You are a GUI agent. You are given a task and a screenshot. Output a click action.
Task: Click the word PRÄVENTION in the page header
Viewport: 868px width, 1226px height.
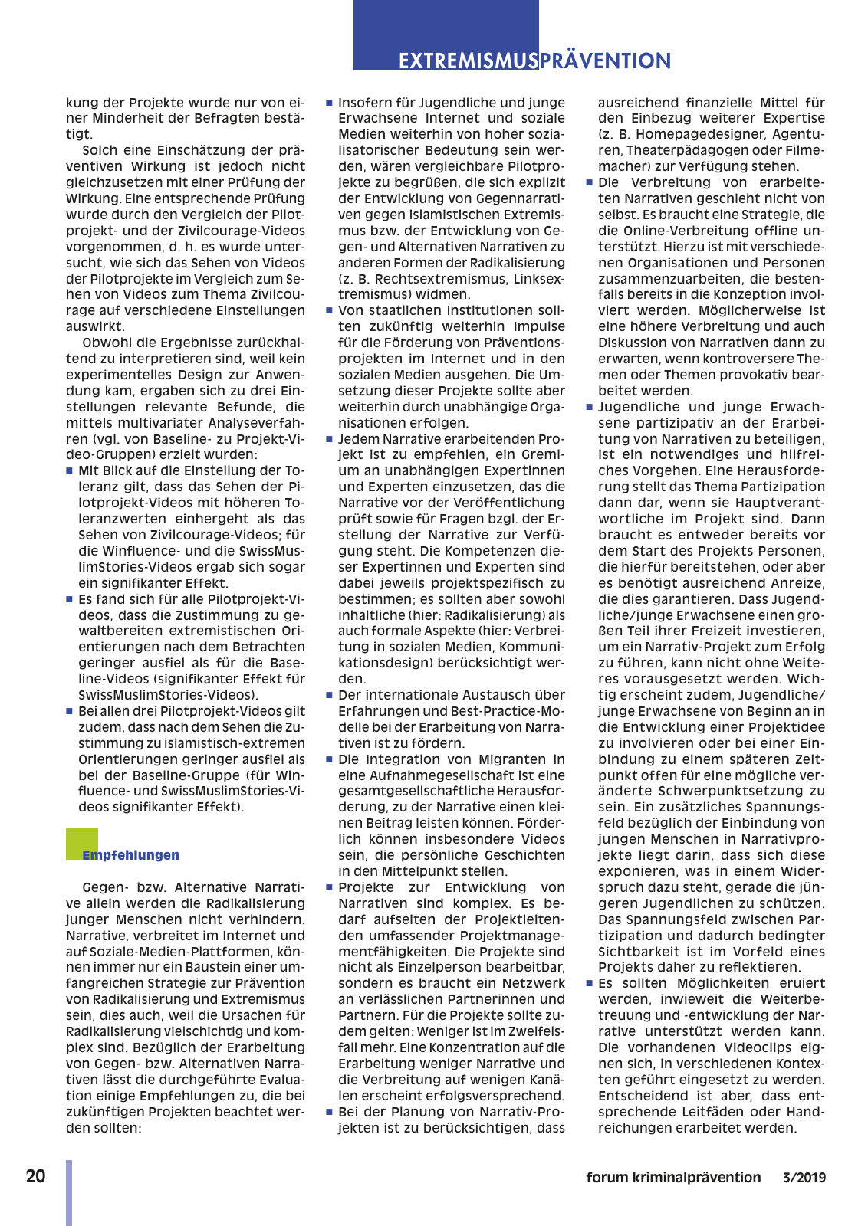[x=605, y=61]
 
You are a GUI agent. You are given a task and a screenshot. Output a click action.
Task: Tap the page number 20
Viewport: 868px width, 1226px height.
[x=35, y=1177]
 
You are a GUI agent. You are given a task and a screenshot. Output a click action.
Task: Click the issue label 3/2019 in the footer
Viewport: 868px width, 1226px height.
[x=804, y=1178]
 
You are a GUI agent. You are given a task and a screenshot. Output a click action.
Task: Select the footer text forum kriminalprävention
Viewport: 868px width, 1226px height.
[x=673, y=1178]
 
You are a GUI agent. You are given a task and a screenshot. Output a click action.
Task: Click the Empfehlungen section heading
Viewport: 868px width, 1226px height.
[x=130, y=855]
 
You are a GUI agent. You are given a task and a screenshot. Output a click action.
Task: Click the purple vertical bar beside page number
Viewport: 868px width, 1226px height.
[x=69, y=1192]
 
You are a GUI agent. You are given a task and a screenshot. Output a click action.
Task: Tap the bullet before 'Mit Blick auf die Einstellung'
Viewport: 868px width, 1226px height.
[x=70, y=470]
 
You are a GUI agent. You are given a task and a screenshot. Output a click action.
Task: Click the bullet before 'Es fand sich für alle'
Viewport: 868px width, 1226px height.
[x=70, y=599]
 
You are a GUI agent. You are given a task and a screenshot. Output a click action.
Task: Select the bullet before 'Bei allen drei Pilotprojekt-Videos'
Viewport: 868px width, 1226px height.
[x=70, y=711]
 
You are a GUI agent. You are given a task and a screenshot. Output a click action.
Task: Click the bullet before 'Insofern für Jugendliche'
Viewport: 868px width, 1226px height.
[x=330, y=103]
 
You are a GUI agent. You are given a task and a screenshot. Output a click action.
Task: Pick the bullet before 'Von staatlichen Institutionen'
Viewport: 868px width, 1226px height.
[x=330, y=310]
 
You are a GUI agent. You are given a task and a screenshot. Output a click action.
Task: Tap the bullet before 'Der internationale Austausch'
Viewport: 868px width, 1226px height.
[x=330, y=695]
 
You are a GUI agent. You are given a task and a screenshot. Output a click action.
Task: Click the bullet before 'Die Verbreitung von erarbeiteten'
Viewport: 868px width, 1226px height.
[x=590, y=182]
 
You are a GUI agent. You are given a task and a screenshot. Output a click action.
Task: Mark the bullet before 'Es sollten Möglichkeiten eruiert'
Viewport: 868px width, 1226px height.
[x=590, y=983]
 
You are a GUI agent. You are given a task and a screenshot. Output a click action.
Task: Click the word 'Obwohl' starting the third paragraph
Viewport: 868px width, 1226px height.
[x=105, y=343]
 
